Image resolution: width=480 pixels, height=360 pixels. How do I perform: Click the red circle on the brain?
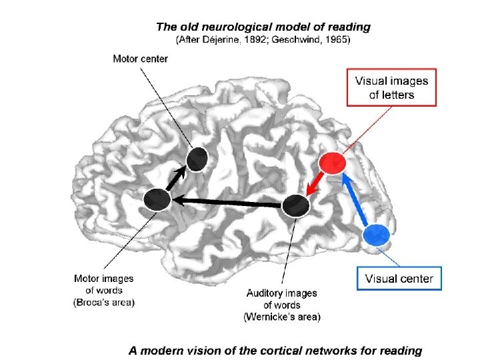pyautogui.click(x=331, y=163)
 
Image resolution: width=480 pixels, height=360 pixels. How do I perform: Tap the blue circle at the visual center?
pyautogui.click(x=377, y=235)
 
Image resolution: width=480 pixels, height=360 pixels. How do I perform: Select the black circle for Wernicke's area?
pyautogui.click(x=295, y=205)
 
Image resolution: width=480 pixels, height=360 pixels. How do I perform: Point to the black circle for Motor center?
pyautogui.click(x=197, y=159)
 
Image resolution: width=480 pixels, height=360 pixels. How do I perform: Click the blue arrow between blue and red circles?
pyautogui.click(x=357, y=201)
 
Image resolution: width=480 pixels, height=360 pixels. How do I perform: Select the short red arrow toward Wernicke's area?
pyautogui.click(x=315, y=184)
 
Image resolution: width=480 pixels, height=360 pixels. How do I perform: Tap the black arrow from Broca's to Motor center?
pyautogui.click(x=177, y=179)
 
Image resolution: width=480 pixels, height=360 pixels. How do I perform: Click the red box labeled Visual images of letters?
pyautogui.click(x=391, y=87)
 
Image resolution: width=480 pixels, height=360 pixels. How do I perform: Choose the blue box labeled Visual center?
pyautogui.click(x=399, y=279)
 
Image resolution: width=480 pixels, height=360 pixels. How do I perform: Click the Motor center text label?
pyautogui.click(x=140, y=59)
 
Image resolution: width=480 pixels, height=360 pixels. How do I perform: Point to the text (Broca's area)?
pyautogui.click(x=104, y=303)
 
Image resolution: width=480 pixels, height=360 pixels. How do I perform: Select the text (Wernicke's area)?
pyautogui.click(x=282, y=317)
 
